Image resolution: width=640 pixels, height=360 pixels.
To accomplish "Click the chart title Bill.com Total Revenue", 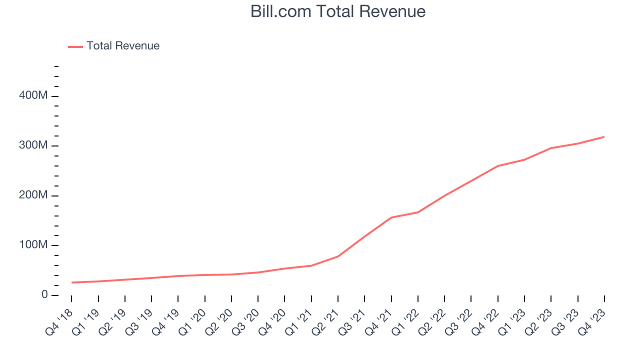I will (338, 11).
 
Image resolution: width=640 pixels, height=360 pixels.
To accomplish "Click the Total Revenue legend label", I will (123, 46).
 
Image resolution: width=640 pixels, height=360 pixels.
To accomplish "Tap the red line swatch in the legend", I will (75, 46).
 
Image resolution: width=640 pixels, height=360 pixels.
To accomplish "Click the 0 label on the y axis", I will (44, 295).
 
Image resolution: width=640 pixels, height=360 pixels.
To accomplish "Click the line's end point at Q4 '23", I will (604, 136).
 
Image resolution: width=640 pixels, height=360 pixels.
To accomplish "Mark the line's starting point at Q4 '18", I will (72, 282).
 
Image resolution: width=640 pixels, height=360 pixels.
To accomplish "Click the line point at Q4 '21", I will (391, 217).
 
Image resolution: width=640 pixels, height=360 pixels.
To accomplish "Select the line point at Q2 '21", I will (338, 256).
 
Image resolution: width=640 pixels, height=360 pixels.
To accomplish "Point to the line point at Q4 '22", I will (498, 166).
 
